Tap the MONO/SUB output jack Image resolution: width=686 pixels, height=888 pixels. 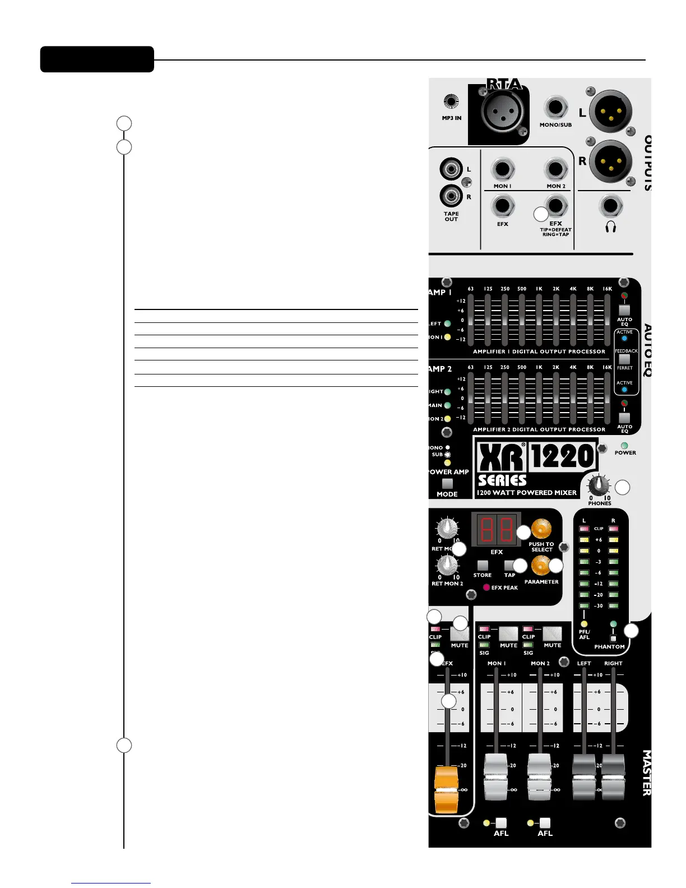pyautogui.click(x=555, y=108)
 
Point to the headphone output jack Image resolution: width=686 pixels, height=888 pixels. pyautogui.click(x=611, y=206)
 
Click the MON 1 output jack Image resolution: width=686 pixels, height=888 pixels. pyautogui.click(x=503, y=169)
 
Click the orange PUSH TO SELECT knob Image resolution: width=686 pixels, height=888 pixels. pyautogui.click(x=541, y=529)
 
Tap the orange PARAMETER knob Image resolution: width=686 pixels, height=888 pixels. pyautogui.click(x=540, y=566)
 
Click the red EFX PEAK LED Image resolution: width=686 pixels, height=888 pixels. pyautogui.click(x=486, y=588)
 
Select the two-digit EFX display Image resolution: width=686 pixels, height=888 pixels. pyautogui.click(x=497, y=529)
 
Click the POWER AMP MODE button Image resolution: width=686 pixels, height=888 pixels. pyautogui.click(x=447, y=483)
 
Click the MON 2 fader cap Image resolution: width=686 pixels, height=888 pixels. pyautogui.click(x=540, y=776)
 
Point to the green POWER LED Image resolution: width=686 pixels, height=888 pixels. pyautogui.click(x=624, y=446)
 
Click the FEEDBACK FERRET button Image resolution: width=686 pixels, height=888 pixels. pyautogui.click(x=624, y=359)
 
